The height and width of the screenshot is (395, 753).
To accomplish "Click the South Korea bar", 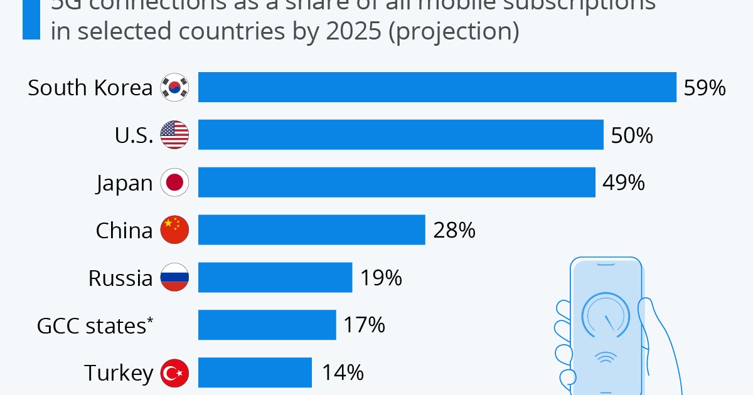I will click(x=437, y=87).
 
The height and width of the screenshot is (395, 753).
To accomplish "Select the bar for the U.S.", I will click(x=400, y=135).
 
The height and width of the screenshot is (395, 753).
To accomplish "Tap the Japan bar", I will click(x=397, y=182).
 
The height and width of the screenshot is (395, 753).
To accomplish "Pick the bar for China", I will click(x=312, y=230).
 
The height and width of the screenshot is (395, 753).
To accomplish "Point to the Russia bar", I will click(x=275, y=277).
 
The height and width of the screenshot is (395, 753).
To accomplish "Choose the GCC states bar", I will click(x=267, y=325).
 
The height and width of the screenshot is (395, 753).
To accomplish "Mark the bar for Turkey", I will click(x=255, y=372).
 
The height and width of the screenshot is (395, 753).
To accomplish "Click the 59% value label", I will click(x=705, y=88).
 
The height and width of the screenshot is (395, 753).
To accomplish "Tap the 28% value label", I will click(x=454, y=230).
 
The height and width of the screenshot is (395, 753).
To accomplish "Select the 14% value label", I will click(x=343, y=372).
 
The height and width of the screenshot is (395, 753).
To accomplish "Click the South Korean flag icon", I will click(x=174, y=87).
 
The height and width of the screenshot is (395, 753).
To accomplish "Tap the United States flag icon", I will click(x=174, y=135).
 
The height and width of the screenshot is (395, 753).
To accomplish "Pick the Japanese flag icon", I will click(x=174, y=182).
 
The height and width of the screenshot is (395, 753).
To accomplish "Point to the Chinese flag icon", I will click(x=174, y=230).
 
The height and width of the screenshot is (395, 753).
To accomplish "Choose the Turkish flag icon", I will click(x=174, y=373).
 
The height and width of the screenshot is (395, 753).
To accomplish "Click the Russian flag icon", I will click(x=174, y=277).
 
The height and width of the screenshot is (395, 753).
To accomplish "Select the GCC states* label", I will click(x=95, y=325).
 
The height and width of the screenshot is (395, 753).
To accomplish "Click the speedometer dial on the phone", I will click(x=606, y=316).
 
